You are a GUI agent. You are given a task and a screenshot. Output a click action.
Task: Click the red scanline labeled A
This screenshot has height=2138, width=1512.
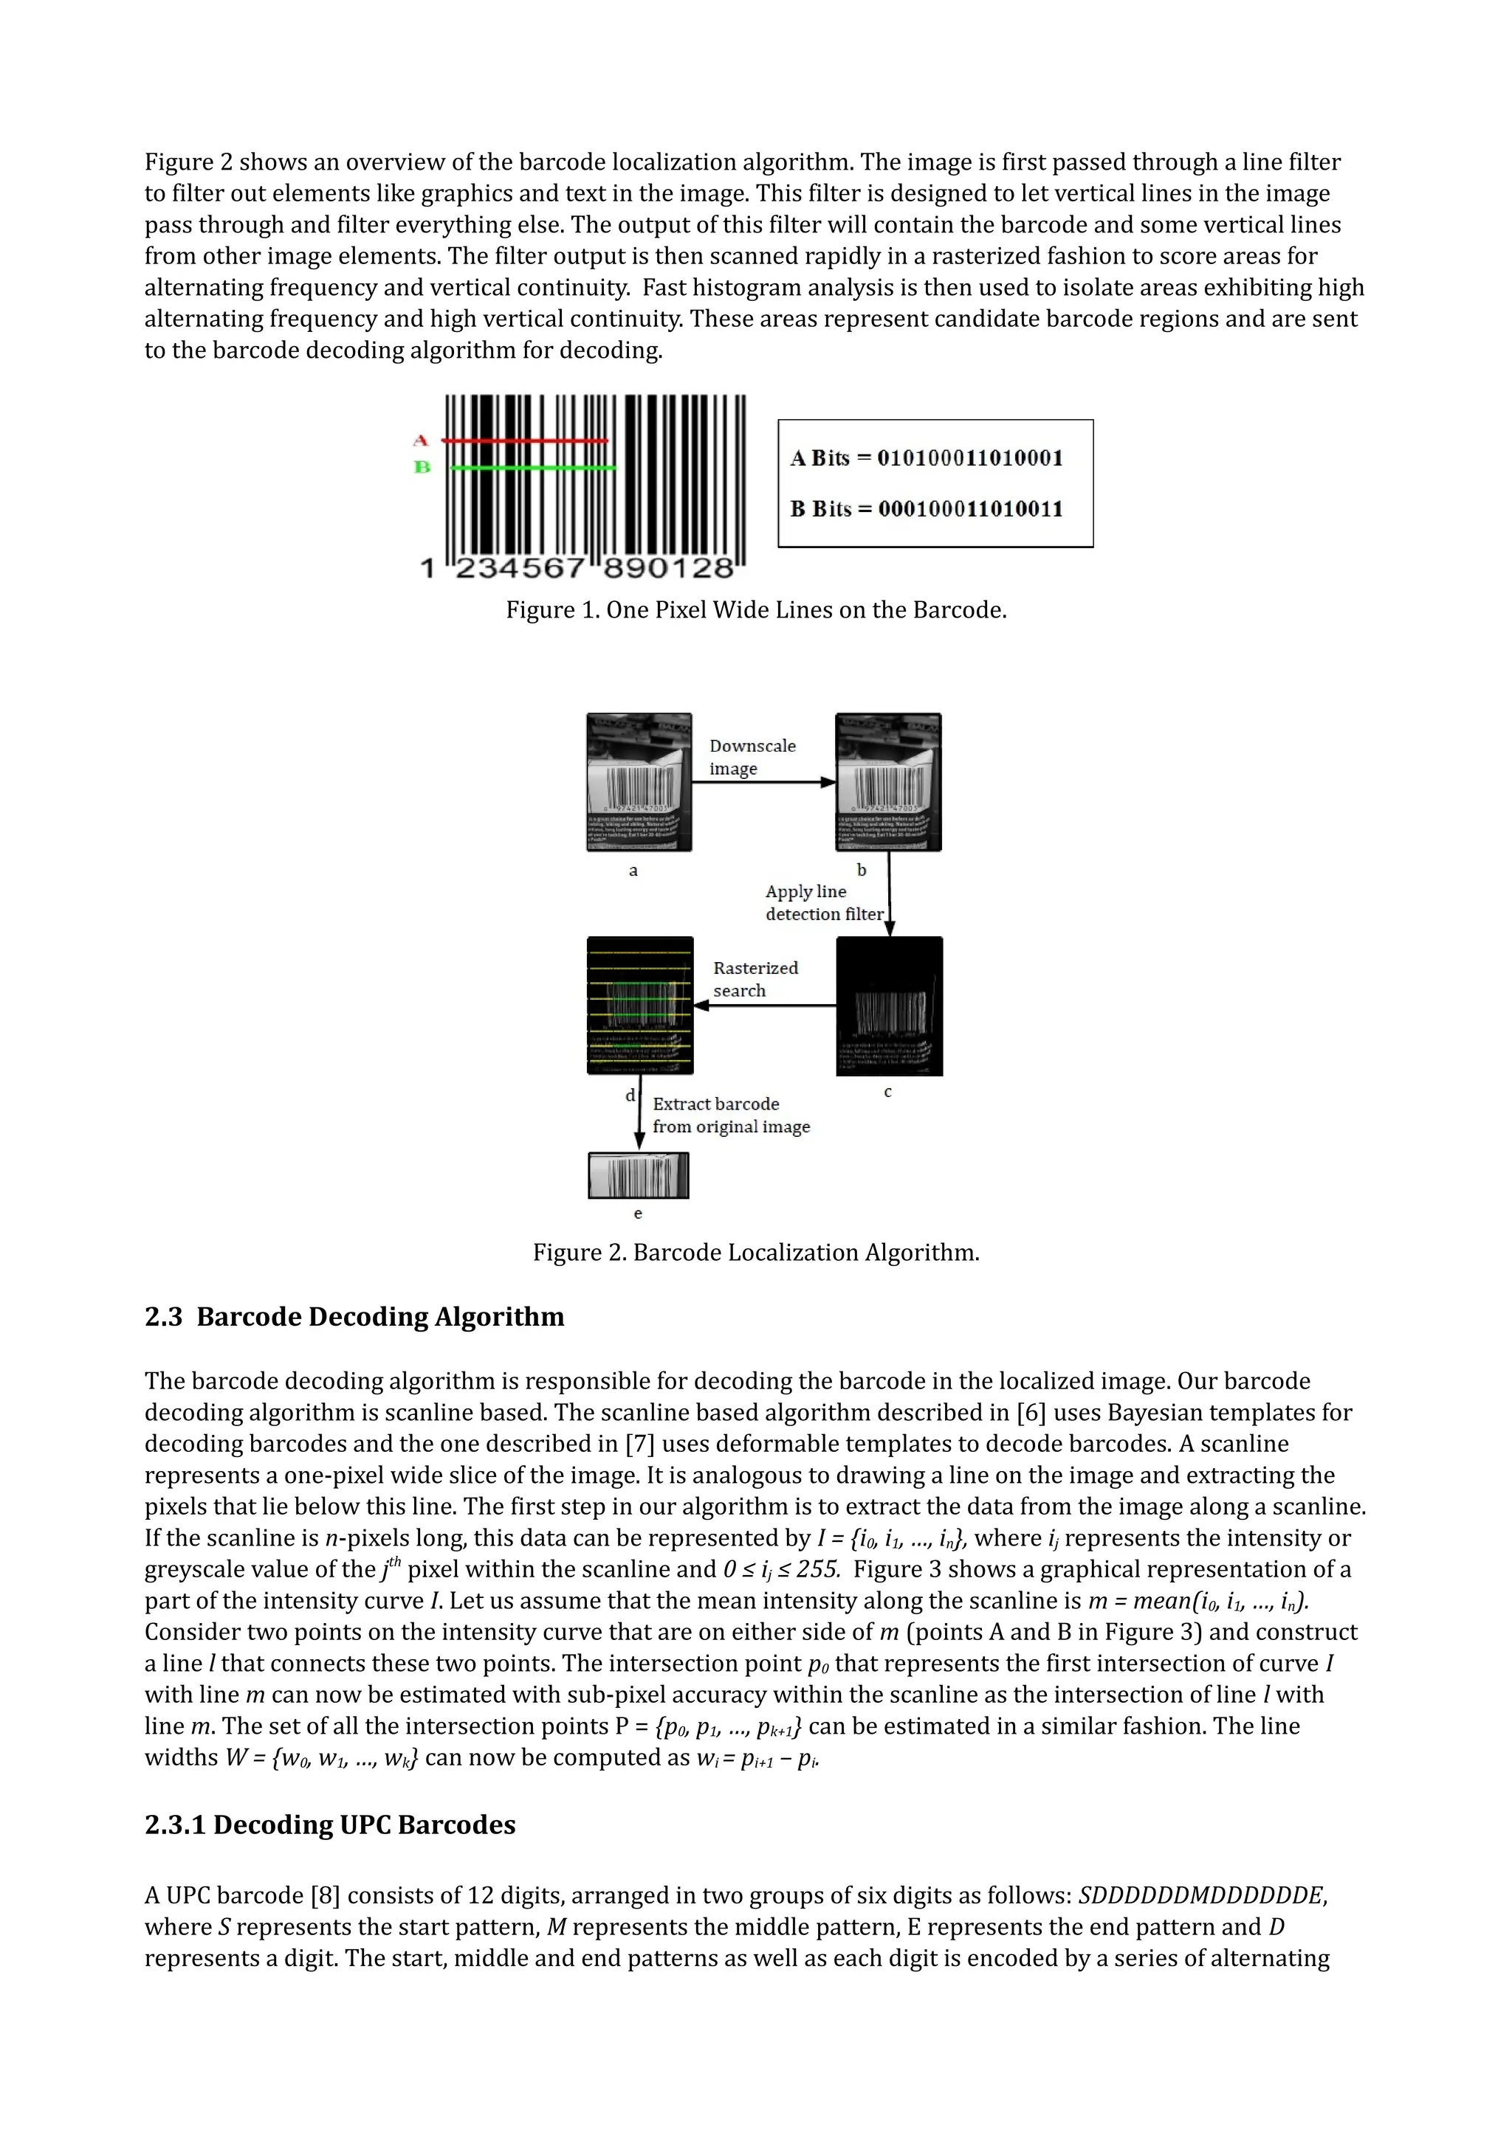click(x=524, y=440)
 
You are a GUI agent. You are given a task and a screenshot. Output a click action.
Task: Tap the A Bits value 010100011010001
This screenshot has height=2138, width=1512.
click(x=970, y=458)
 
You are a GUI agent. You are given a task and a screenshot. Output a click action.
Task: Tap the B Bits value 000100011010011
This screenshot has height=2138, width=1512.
click(x=970, y=509)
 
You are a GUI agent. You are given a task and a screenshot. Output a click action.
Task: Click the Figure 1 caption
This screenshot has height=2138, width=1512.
click(x=755, y=610)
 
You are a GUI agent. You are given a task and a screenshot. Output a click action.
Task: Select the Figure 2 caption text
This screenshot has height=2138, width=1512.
click(x=755, y=1253)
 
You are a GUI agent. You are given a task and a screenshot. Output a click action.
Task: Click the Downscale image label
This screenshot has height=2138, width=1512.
click(x=752, y=757)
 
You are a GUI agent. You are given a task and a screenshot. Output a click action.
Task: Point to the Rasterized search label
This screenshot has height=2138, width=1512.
click(x=755, y=980)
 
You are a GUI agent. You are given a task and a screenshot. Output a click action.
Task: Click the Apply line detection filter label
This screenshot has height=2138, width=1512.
click(x=822, y=903)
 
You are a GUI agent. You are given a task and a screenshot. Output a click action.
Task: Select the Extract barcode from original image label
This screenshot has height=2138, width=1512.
click(x=730, y=1115)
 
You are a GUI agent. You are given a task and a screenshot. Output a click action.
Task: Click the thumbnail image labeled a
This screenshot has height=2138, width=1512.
click(x=639, y=782)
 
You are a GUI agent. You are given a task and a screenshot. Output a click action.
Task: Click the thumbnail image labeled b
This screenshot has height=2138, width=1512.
click(x=888, y=782)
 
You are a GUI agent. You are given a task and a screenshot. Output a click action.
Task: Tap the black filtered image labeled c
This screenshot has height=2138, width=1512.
click(x=889, y=1006)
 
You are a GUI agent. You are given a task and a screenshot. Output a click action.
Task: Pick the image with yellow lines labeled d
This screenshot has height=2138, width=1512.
click(x=640, y=1006)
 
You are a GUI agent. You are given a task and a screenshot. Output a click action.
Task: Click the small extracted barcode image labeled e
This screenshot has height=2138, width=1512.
click(x=638, y=1176)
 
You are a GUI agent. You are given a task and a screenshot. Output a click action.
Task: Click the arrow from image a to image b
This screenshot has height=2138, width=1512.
click(x=763, y=782)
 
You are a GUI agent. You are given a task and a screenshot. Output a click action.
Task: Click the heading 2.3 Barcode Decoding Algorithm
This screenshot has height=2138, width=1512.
click(x=354, y=1317)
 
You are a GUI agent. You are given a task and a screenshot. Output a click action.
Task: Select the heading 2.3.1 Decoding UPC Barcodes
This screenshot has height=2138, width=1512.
click(x=330, y=1824)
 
